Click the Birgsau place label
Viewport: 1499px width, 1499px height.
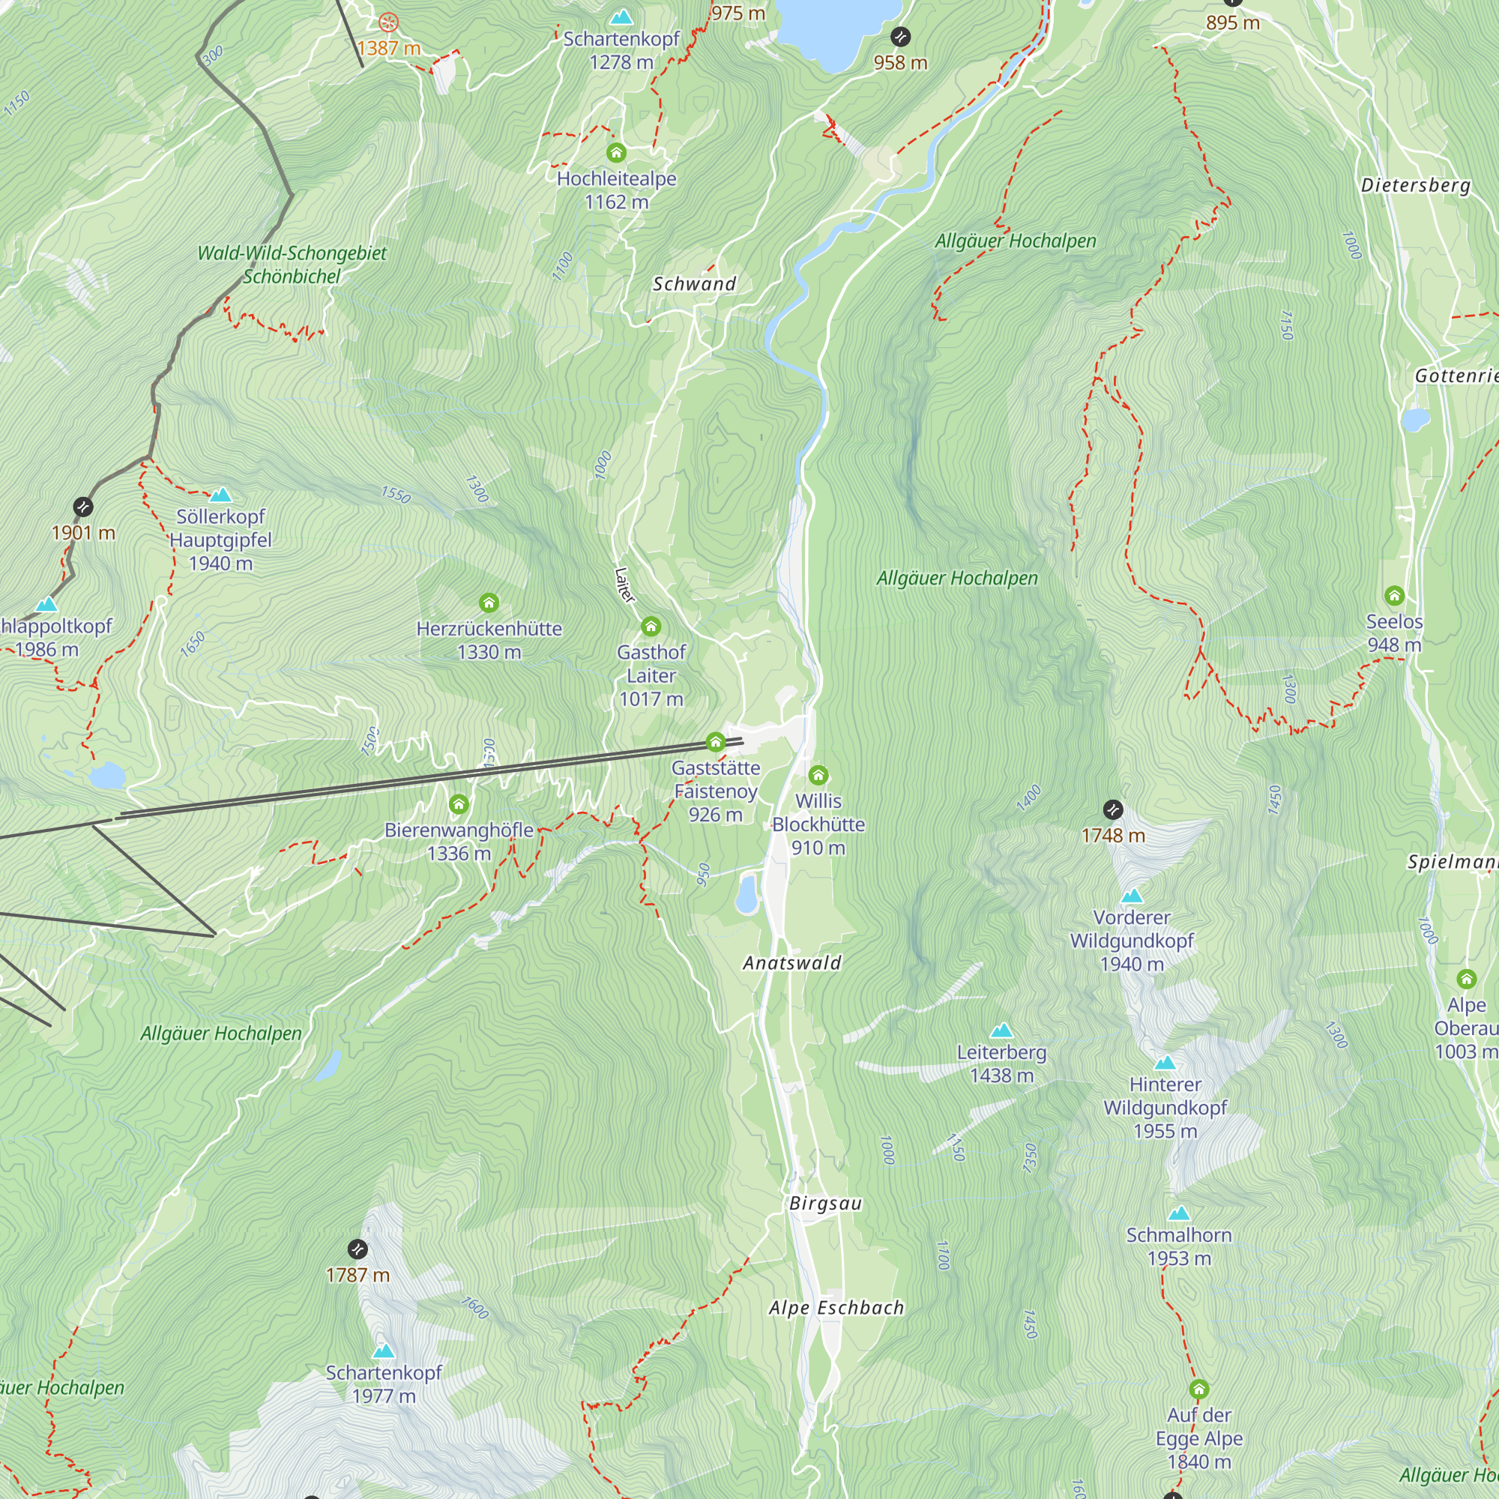pos(824,1204)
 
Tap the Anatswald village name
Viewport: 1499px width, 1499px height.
pos(791,963)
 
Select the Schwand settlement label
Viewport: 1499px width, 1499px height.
pos(693,284)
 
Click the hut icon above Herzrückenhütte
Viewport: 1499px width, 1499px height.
pos(489,603)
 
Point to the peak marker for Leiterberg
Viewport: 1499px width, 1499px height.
pos(1001,1031)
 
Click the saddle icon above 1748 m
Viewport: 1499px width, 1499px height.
pos(1112,810)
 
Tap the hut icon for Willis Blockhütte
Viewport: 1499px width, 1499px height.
pos(818,775)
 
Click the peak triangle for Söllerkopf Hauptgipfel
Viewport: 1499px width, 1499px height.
pos(221,495)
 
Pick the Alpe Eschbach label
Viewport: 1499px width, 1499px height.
pos(836,1308)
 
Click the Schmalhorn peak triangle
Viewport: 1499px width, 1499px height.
pos(1178,1213)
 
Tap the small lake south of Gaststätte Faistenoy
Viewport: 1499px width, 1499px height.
pos(747,893)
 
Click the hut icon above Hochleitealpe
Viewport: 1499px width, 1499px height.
pos(616,152)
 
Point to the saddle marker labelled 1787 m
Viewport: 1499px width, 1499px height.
pos(357,1249)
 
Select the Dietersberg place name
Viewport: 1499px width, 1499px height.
pos(1415,185)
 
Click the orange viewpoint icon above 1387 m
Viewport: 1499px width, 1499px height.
pos(389,22)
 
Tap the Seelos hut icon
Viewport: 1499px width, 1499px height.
pos(1394,596)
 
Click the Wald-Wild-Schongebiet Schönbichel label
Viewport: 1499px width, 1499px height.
pos(292,265)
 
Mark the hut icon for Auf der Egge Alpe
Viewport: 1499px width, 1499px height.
pos(1198,1389)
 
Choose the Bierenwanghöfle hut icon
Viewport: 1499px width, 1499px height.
pos(459,803)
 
